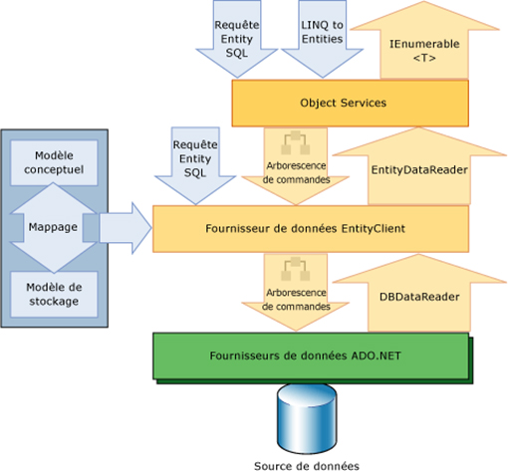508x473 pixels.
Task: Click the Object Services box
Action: [351, 103]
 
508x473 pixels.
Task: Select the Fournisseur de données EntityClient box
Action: [311, 229]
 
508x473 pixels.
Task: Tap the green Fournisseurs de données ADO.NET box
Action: [311, 356]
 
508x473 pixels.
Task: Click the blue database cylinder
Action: [307, 419]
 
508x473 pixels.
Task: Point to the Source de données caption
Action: [307, 466]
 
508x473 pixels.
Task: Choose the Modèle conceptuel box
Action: [54, 162]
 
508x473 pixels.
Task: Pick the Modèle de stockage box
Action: [54, 295]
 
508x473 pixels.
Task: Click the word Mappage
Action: [53, 227]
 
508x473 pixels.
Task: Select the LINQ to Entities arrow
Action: [322, 39]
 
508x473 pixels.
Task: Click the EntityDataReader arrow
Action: [419, 166]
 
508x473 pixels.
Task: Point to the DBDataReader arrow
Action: [419, 293]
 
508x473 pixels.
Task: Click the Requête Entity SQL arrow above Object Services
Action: [237, 39]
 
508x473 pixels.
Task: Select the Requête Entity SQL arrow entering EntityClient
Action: [195, 165]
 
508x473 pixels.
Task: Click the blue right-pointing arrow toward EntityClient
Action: [126, 228]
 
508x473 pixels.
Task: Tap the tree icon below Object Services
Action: [296, 142]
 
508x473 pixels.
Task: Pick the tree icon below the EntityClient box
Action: [296, 269]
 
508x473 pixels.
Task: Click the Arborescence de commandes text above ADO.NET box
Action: [296, 300]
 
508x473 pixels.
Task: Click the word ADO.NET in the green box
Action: [376, 355]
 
